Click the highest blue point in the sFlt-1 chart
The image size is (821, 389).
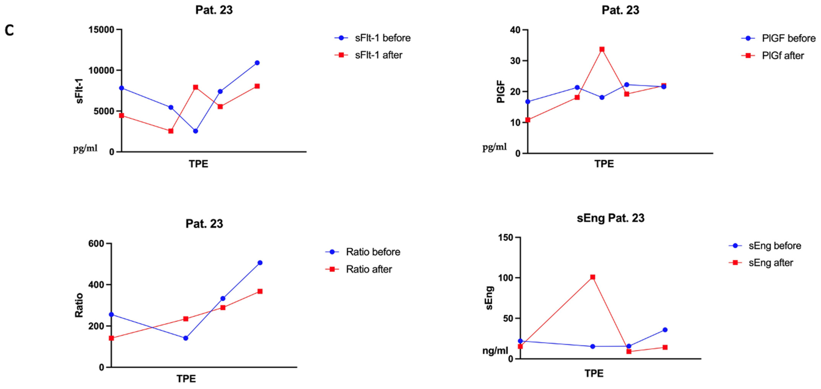coord(257,63)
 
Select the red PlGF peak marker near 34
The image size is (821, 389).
coord(602,49)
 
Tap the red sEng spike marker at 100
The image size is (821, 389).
coord(592,277)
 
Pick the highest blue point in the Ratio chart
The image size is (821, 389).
coord(260,263)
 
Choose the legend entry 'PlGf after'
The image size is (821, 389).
coord(773,55)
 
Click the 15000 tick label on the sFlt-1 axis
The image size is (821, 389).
coord(101,30)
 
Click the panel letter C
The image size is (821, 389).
coord(9,31)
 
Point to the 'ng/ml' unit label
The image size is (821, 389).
coord(495,351)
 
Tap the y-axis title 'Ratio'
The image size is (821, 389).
coord(79,305)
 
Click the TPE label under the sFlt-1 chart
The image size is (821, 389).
coord(198,164)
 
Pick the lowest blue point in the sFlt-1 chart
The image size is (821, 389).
coord(195,131)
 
